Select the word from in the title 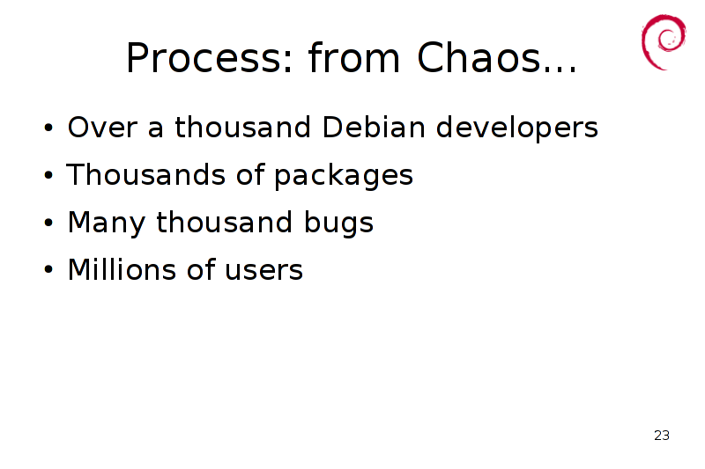tap(354, 56)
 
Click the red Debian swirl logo tap(664, 41)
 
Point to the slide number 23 tap(662, 436)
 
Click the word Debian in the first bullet tap(374, 127)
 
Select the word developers tap(517, 128)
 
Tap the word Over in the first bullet tap(102, 127)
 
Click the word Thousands tap(145, 174)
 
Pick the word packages tap(344, 176)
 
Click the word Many tap(107, 224)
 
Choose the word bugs tap(338, 224)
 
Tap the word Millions tap(122, 269)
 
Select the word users tap(263, 271)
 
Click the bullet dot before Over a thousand tap(48, 128)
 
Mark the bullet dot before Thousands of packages tap(48, 175)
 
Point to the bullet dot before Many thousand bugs tap(48, 223)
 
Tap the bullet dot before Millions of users tap(48, 270)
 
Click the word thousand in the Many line tap(224, 222)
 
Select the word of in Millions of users tap(201, 269)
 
